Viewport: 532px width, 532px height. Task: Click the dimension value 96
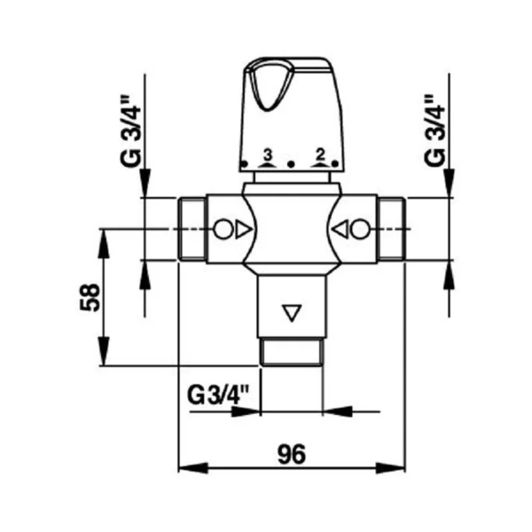click(292, 454)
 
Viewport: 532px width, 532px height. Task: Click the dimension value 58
click(90, 297)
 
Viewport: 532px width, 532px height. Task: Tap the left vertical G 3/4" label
click(130, 131)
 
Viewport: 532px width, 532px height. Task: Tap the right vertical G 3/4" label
click(434, 131)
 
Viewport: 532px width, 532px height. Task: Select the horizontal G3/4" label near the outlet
click(218, 395)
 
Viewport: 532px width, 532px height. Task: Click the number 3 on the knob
click(268, 155)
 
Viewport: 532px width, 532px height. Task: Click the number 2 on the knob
click(320, 154)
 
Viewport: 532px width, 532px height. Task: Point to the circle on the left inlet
click(223, 230)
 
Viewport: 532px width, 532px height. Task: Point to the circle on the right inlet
click(360, 230)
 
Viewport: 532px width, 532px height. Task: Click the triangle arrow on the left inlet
click(243, 230)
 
